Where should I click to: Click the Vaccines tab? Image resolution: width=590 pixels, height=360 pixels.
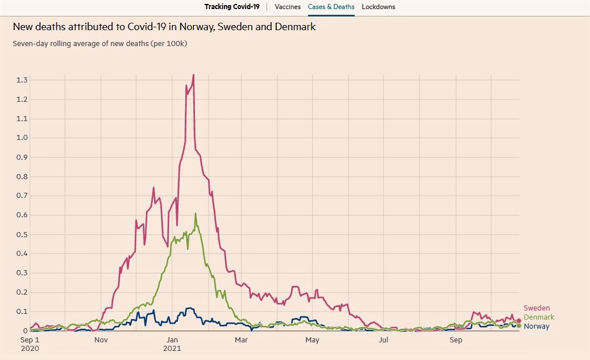point(287,7)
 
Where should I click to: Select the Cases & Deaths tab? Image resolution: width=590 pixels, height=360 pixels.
point(331,7)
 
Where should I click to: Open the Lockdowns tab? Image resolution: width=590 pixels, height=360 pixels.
point(378,7)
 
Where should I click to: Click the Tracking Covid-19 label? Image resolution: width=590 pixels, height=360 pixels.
point(232,7)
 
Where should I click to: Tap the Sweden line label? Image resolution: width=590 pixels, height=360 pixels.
point(537,308)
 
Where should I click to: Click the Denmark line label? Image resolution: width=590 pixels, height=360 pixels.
point(539,317)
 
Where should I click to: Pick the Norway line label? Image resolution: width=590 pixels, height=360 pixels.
point(537,326)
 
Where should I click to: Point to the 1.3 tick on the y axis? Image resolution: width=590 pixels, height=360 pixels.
point(22,80)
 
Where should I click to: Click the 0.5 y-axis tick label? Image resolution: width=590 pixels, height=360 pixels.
point(22,234)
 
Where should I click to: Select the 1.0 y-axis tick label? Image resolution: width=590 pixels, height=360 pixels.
point(22,138)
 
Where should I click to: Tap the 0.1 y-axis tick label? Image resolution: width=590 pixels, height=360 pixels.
point(22,312)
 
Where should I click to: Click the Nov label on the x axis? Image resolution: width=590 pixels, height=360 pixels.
point(101,341)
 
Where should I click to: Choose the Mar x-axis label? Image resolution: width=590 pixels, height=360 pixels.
point(242,341)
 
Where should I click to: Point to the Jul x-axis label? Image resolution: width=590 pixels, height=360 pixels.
point(384,341)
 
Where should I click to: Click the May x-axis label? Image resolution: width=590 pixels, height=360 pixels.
point(312,341)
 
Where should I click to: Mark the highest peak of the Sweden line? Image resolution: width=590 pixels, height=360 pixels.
point(194,75)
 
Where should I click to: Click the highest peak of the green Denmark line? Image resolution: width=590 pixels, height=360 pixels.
point(196,214)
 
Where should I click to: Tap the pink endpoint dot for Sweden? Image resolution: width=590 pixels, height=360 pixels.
point(518,321)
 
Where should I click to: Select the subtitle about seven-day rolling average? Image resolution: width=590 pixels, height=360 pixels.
point(100,43)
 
